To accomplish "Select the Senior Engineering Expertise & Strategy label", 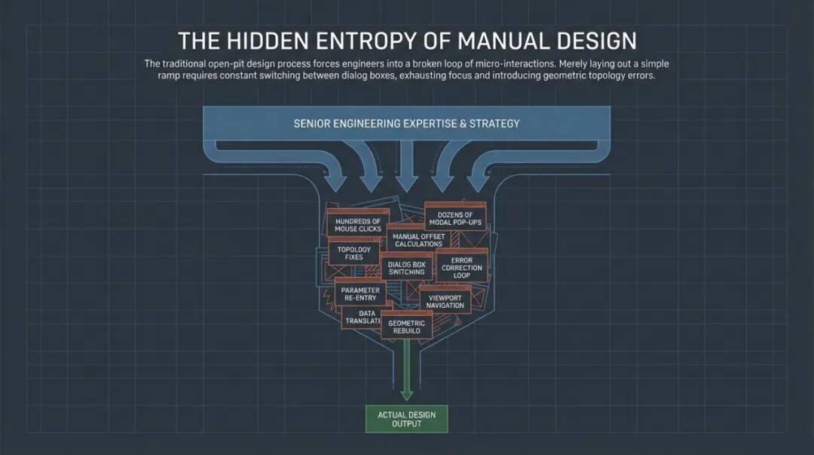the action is [x=406, y=123].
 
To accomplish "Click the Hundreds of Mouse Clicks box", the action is [x=358, y=225].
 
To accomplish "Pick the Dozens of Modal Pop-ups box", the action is [x=455, y=219].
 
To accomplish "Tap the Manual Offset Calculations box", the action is [x=418, y=240].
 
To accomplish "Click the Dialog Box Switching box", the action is [x=407, y=268].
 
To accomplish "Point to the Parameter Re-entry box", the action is [x=360, y=294].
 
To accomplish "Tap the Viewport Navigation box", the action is [x=445, y=301].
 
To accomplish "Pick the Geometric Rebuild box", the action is [x=406, y=327].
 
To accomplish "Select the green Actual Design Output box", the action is [x=406, y=419].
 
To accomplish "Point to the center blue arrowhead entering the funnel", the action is [x=406, y=183].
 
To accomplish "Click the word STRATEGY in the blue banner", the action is [x=494, y=123].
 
